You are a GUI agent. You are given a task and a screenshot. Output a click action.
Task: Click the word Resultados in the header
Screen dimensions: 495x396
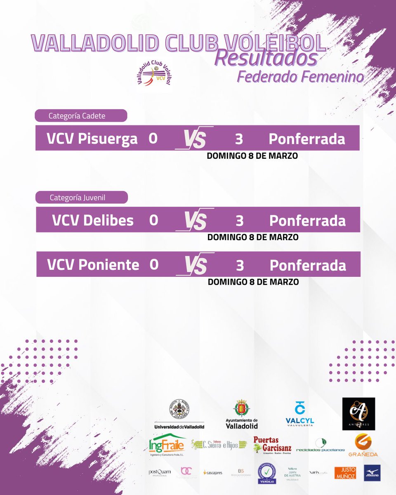(x=266, y=58)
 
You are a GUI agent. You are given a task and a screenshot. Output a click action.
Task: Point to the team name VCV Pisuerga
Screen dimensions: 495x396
(x=92, y=139)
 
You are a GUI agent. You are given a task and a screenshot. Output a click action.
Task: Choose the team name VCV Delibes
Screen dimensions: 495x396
(x=93, y=220)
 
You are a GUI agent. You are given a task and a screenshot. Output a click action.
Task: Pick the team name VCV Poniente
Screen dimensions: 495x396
(x=93, y=264)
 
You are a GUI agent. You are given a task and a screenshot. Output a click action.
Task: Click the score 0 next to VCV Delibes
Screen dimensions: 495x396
(x=153, y=220)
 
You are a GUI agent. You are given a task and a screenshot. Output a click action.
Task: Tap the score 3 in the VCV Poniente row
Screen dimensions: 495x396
(x=240, y=265)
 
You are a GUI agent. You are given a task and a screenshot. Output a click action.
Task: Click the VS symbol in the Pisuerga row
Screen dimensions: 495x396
(x=194, y=138)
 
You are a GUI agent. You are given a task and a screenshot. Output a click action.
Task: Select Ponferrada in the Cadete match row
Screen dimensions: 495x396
(x=306, y=139)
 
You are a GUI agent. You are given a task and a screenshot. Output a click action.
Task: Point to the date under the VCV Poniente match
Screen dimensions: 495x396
(x=253, y=282)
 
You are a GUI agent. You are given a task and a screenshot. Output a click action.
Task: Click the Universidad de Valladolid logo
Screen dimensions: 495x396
(x=179, y=414)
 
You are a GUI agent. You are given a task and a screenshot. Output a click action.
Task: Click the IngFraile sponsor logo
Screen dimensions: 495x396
(x=167, y=445)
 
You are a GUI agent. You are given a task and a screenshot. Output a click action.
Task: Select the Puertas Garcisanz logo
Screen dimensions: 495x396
(x=272, y=445)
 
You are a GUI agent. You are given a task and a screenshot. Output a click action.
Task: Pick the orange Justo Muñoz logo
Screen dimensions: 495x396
(x=345, y=473)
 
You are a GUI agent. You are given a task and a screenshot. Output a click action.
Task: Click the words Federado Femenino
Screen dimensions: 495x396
(x=300, y=77)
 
